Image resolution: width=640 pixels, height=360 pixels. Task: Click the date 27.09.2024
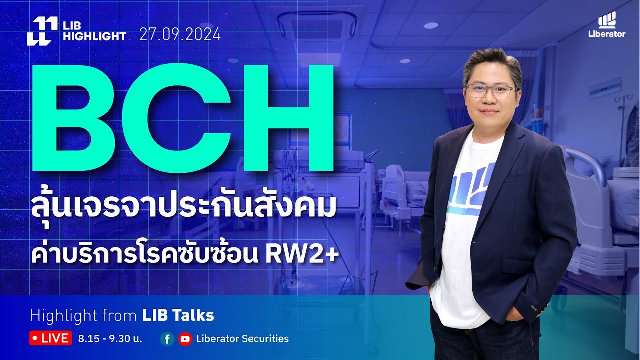coord(180,35)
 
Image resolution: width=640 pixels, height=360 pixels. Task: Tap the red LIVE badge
coord(50,338)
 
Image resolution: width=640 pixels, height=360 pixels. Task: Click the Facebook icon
coord(167,339)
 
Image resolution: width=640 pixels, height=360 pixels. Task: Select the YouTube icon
coord(185,339)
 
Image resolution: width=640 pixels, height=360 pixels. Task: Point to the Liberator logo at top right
coord(607,25)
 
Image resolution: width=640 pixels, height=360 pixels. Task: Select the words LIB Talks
coord(178,315)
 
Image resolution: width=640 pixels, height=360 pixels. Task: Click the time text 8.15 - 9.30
coord(110,339)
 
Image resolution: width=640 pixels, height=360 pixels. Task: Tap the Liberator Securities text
coord(242,339)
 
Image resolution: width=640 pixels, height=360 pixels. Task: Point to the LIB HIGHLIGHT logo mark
coord(39,31)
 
